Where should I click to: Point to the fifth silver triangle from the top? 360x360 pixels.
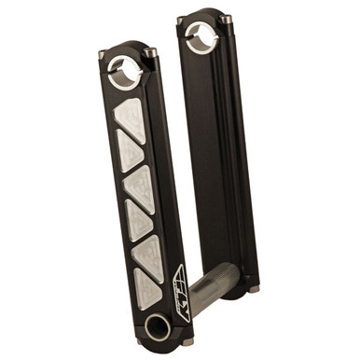[x=147, y=254]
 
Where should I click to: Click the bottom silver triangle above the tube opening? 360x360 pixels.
[x=149, y=288]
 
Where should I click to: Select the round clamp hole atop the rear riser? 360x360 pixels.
[x=199, y=38]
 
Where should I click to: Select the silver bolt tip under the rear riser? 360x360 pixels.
[x=253, y=290]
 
